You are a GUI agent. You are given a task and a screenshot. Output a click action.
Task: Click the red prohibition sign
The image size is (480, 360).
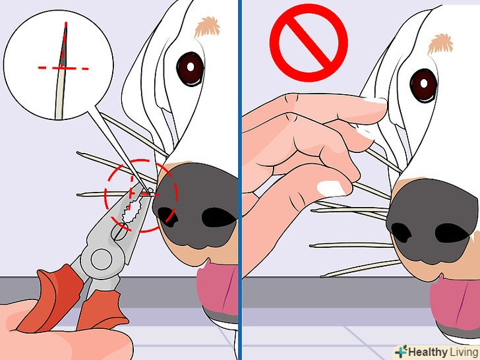point(309,43)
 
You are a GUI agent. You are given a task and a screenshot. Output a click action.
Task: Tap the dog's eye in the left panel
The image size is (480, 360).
point(190,69)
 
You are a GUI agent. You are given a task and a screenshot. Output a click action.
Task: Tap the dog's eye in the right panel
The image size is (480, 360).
point(424,86)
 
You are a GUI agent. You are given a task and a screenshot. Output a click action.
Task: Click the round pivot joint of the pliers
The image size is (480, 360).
point(102,259)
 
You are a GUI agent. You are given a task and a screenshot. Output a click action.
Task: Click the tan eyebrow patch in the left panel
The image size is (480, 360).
point(207,26)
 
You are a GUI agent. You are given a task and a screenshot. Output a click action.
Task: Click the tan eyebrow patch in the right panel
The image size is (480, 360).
point(440,44)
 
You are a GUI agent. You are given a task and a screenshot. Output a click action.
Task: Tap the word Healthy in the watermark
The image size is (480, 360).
point(428,352)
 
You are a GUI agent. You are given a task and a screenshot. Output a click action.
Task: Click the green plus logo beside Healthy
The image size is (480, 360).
point(401,351)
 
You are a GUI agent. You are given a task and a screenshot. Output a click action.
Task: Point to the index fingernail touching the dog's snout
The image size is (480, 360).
point(373,101)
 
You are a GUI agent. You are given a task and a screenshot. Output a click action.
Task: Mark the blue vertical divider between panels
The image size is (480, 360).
point(240,180)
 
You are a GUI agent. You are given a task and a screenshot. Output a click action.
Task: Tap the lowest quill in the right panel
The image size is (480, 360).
point(360,269)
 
